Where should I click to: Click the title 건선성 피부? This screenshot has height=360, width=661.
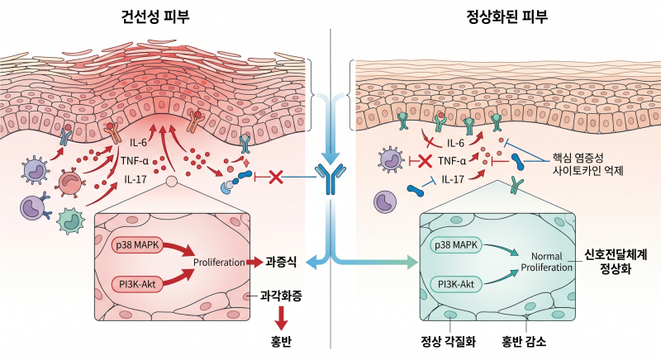155,17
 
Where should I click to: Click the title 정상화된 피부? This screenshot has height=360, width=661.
506,17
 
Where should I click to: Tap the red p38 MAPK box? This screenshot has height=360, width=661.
137,245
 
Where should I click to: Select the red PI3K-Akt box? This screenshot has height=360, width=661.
137,284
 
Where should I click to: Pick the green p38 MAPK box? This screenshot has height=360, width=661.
456,245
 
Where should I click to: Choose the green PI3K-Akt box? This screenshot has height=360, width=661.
456,284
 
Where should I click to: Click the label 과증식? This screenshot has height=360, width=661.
281,263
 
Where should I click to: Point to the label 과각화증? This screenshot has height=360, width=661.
281,296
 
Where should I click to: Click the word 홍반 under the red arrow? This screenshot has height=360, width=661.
281,342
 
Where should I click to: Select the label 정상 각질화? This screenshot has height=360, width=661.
449,341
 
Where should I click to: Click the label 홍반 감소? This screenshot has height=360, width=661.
524,341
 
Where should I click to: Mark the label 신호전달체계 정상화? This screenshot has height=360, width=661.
616,261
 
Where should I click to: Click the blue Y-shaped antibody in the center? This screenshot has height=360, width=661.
330,179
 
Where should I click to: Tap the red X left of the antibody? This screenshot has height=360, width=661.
275,177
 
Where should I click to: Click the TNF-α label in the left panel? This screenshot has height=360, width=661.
135,160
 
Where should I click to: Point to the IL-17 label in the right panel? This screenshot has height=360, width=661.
453,180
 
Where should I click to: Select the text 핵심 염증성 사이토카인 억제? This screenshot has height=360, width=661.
588,164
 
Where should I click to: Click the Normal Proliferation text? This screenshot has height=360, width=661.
547,262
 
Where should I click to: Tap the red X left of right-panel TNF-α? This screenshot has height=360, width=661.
424,161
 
